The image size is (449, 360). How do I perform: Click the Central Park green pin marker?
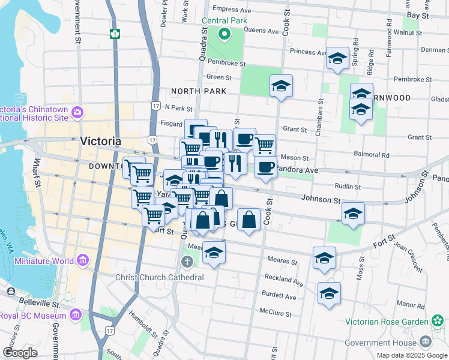tap(224, 34)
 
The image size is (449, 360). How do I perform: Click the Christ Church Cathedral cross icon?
tap(187, 261)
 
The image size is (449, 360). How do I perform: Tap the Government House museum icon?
tap(426, 341)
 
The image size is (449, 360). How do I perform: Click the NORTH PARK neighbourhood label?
tap(199, 91)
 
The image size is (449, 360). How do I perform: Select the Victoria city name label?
tap(100, 141)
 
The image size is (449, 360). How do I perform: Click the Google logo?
tap(20, 353)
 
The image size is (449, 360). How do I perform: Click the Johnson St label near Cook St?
tap(321, 198)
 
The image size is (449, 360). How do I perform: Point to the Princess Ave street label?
tap(307, 52)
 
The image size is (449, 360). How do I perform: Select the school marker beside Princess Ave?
tap(337, 59)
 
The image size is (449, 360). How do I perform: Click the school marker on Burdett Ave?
tap(329, 294)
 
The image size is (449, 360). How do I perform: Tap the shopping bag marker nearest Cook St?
tap(249, 220)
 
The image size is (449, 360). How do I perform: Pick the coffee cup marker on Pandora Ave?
tap(265, 167)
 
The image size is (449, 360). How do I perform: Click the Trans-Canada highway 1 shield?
tap(113, 34)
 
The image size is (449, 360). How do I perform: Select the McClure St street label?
tap(275, 314)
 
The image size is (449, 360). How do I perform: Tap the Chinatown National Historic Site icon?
tap(77, 112)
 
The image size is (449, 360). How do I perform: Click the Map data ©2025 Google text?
tap(412, 355)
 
